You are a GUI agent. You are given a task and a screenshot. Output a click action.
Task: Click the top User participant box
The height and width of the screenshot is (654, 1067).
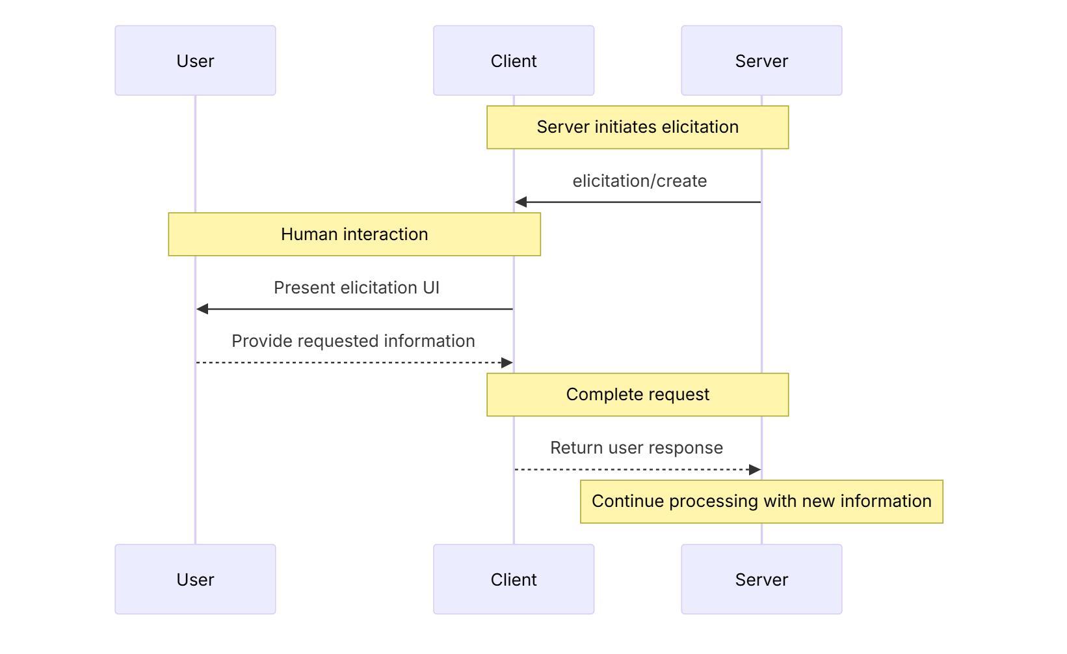click(195, 61)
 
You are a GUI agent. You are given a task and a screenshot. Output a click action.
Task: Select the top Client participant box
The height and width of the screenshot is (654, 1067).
click(514, 61)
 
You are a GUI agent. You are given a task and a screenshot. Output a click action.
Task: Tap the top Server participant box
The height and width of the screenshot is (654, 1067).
click(761, 61)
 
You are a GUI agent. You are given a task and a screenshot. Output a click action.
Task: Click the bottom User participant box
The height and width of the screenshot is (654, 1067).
click(195, 579)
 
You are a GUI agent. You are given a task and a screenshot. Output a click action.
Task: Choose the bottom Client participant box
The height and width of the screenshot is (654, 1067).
click(514, 579)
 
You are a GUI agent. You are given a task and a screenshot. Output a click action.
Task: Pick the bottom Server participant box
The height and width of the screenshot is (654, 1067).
click(761, 579)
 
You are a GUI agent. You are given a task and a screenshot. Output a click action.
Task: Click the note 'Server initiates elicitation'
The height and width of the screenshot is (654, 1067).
click(638, 128)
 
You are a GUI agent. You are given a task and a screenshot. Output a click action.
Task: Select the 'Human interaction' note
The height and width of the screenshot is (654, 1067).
click(354, 234)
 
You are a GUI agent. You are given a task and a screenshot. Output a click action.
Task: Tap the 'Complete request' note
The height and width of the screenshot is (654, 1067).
click(638, 395)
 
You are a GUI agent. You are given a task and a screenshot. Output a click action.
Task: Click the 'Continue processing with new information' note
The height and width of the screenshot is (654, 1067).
click(761, 502)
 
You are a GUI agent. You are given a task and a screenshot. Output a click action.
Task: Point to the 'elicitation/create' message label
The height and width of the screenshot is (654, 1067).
click(640, 181)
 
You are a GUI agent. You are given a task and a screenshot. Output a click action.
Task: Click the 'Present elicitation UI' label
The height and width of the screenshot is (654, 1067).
click(356, 288)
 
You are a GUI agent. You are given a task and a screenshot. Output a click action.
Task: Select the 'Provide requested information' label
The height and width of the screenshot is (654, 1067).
click(354, 341)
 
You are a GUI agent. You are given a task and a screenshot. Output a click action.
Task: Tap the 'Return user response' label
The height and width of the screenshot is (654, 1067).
click(637, 448)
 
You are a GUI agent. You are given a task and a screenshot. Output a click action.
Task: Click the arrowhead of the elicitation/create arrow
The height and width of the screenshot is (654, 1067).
click(520, 202)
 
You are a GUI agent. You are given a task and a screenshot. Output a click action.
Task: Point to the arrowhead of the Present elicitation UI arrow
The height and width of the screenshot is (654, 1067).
click(202, 309)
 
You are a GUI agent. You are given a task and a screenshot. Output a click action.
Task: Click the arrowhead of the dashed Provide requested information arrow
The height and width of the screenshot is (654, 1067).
click(507, 362)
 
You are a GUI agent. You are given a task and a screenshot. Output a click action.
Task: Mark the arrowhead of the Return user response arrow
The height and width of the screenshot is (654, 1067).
click(754, 470)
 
